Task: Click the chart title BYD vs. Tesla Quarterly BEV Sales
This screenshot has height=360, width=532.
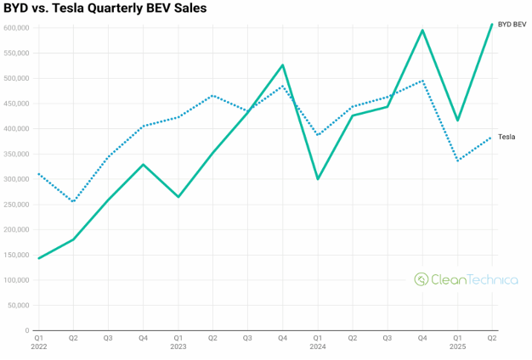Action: point(105,8)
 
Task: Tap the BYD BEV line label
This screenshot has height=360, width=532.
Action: point(512,25)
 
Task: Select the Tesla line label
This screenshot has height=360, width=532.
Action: point(507,137)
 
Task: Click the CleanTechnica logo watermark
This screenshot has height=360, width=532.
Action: point(466,278)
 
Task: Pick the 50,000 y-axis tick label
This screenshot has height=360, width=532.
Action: point(19,306)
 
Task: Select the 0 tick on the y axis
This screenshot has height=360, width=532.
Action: point(28,330)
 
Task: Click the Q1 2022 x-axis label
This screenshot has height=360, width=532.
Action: point(38,342)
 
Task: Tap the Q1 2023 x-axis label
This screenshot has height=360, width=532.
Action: point(178,342)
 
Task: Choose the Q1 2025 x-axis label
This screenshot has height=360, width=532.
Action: point(457,342)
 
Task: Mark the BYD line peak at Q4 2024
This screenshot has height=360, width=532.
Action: point(422,31)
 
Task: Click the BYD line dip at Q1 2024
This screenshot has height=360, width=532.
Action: point(318,178)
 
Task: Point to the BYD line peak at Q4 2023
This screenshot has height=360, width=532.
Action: point(282,65)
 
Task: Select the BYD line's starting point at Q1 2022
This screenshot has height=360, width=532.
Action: point(38,258)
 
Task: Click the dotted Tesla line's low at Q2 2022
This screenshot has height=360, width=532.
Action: point(73,202)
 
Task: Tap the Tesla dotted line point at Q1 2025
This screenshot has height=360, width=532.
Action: point(457,160)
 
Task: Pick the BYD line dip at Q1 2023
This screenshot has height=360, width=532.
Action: point(178,197)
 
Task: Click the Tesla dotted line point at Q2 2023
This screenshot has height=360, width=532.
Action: point(212,95)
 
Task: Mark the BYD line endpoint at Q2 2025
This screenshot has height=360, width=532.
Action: point(492,24)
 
